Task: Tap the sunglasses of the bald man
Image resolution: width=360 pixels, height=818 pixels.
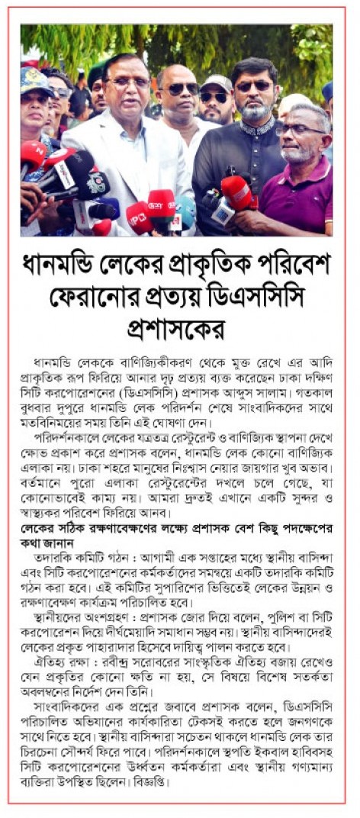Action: (x=182, y=89)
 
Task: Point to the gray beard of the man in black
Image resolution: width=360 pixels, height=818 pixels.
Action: (x=256, y=111)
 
